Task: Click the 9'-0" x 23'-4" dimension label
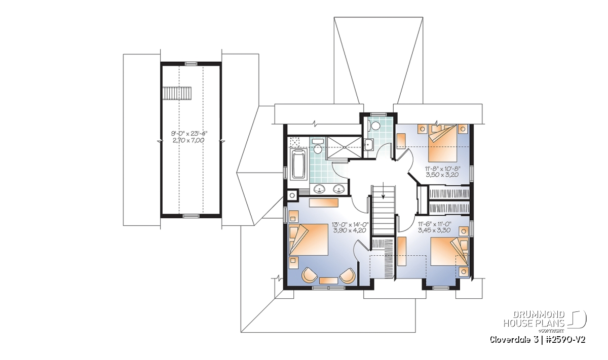tap(191, 134)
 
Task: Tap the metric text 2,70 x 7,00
tap(188, 140)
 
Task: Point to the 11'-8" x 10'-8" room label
tap(443, 169)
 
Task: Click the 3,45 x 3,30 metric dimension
tap(434, 230)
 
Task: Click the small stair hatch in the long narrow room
tap(177, 93)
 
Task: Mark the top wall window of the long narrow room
tap(191, 64)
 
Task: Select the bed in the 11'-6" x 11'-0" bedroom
tap(449, 252)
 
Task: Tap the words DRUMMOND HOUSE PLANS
tap(534, 319)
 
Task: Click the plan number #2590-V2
tap(565, 340)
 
